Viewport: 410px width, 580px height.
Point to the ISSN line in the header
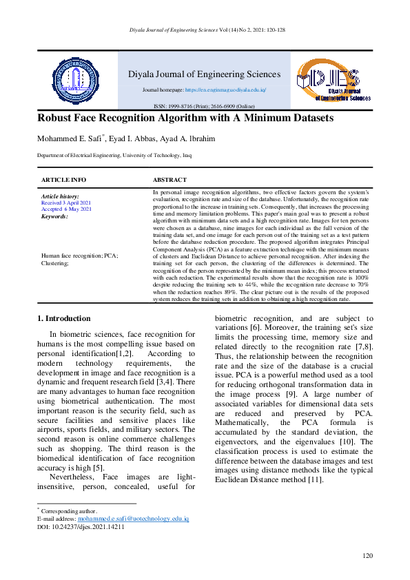(204, 106)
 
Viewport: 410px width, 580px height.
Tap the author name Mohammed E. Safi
(69, 138)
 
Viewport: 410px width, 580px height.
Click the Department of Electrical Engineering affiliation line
(114, 156)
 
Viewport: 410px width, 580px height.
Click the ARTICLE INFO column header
(64, 179)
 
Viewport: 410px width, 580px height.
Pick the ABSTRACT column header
(170, 179)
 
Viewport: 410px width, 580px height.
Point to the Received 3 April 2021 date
(66, 203)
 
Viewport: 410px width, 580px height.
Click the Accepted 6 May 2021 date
(66, 209)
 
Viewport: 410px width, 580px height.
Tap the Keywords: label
(54, 216)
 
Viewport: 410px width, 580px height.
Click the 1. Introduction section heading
(63, 318)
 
